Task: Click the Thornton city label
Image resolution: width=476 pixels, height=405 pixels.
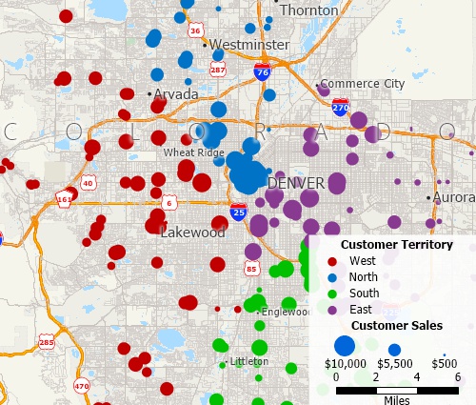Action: (x=308, y=10)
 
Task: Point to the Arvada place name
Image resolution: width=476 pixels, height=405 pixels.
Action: (x=177, y=94)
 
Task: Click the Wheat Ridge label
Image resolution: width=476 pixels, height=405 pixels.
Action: (x=193, y=152)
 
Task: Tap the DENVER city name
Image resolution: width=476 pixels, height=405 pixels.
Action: (x=297, y=182)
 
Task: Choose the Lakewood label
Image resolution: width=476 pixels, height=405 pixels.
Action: (x=192, y=232)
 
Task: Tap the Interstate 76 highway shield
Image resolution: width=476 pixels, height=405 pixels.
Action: (x=261, y=71)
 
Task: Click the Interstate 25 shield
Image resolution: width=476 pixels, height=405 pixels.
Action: (x=238, y=211)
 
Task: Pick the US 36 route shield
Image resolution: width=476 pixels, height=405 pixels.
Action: (x=195, y=30)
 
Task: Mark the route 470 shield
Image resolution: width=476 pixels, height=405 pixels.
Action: (x=81, y=386)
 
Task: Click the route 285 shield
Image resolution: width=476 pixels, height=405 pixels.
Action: (x=47, y=340)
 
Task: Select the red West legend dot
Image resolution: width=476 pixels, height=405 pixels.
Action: (x=331, y=260)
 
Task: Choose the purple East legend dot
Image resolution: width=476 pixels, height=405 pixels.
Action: (x=331, y=309)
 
